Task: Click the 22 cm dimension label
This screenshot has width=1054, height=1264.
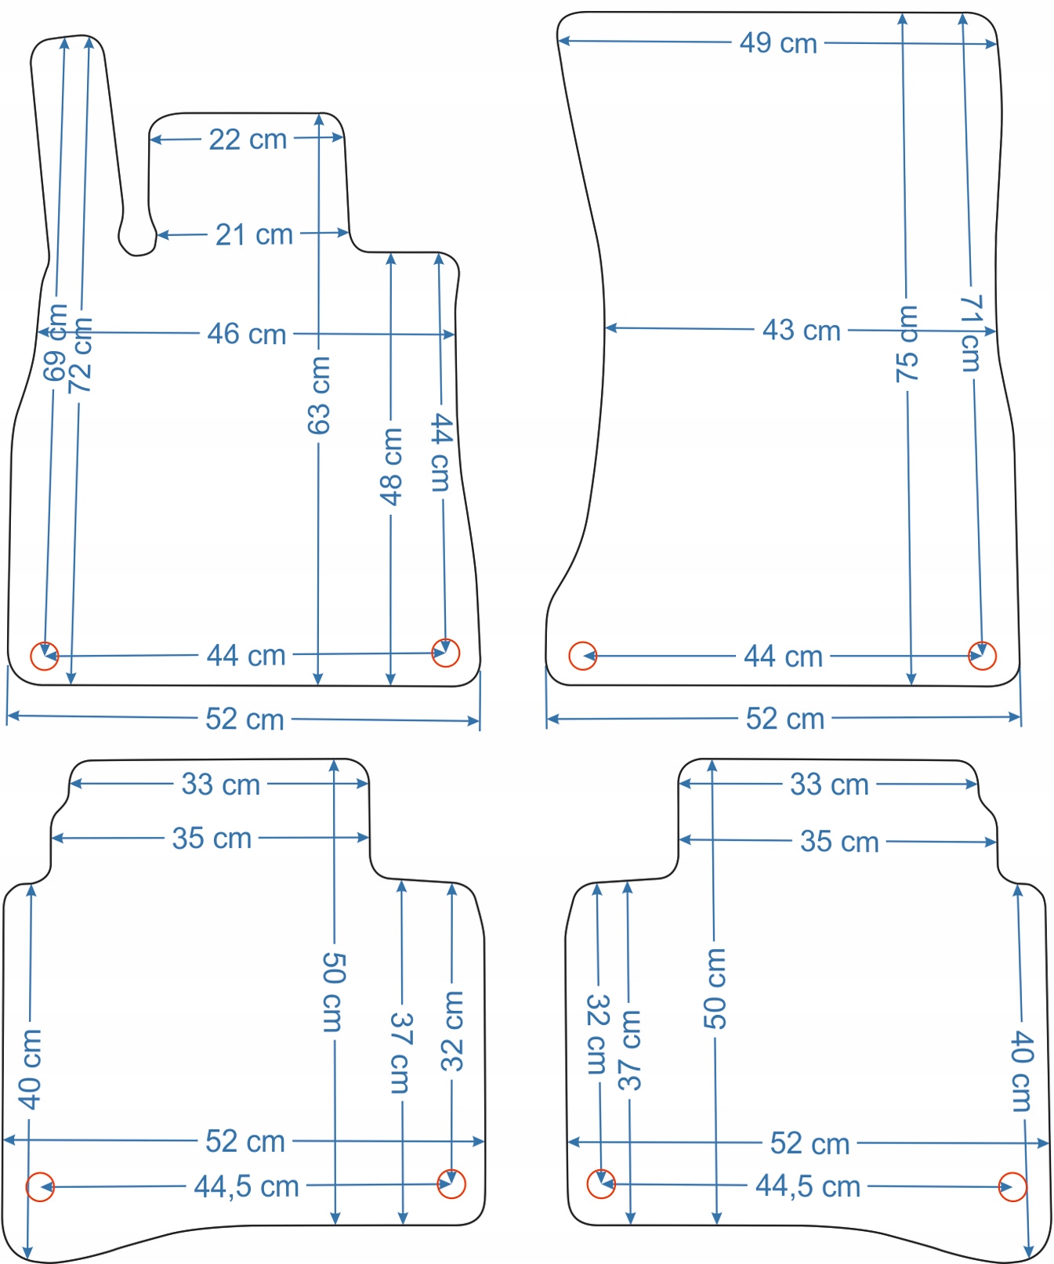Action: coord(248,139)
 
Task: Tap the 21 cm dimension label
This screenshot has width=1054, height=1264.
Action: coord(254,234)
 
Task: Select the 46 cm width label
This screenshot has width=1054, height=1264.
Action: coord(247,334)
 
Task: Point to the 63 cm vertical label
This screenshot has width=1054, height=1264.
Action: coord(319,396)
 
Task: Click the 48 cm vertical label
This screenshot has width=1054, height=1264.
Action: coord(390,466)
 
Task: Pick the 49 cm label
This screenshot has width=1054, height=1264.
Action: coord(778,43)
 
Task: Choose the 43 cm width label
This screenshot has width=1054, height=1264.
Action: coord(801,330)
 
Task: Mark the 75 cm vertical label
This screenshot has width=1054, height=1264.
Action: coord(907,345)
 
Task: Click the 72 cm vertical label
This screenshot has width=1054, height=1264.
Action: coord(81,357)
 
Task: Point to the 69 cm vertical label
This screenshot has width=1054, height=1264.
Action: coord(56,343)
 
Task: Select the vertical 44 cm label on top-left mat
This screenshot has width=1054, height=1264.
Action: coord(441,453)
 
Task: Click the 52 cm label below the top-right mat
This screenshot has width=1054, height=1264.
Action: coord(784,719)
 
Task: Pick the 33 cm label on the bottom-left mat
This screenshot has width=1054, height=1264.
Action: coord(220,784)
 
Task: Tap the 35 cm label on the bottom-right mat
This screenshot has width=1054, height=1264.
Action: coord(838,842)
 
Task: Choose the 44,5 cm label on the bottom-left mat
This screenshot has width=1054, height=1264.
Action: coord(246,1186)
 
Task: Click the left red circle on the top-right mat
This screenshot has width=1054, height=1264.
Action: coord(582,656)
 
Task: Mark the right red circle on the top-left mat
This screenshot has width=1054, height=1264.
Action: coord(446,653)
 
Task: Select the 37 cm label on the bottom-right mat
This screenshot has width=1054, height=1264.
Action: coord(629,1051)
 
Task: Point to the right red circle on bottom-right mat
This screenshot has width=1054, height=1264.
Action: coord(1012,1187)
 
